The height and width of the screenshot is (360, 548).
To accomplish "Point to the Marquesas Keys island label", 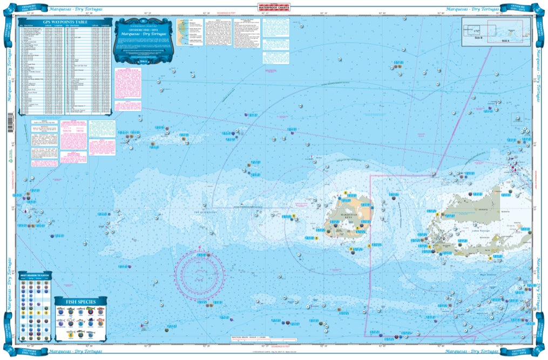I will [x=357, y=215].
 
